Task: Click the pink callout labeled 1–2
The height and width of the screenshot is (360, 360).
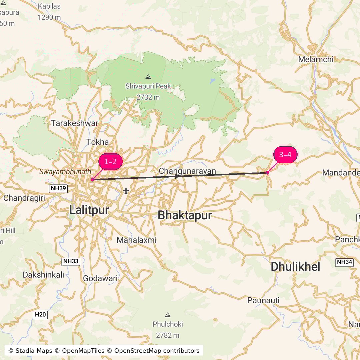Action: [110, 162]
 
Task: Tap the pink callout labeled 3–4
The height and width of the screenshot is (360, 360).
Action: [285, 155]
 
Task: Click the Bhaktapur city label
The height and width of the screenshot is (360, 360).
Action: [185, 215]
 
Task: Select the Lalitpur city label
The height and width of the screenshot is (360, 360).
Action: [89, 210]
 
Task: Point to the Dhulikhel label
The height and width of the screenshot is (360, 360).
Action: [295, 267]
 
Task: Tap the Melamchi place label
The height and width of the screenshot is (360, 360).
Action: [316, 59]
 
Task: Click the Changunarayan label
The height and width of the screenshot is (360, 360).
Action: [187, 171]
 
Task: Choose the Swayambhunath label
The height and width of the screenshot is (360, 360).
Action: [65, 172]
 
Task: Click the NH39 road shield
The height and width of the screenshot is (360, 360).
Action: [58, 189]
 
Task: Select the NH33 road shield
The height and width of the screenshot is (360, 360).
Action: [71, 261]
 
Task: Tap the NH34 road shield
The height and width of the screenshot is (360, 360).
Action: [344, 262]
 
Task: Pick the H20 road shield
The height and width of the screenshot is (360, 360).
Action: [41, 315]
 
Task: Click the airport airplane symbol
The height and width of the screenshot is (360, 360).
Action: [126, 191]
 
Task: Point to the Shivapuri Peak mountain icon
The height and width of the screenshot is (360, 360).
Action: [148, 77]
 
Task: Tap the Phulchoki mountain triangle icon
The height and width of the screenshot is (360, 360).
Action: [168, 315]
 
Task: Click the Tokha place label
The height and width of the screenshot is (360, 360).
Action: [98, 142]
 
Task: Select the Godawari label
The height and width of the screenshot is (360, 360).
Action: [100, 279]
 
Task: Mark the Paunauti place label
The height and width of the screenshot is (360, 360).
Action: [263, 300]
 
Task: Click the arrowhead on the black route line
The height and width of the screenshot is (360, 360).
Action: [177, 176]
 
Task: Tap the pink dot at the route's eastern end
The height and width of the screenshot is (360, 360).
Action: [267, 172]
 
